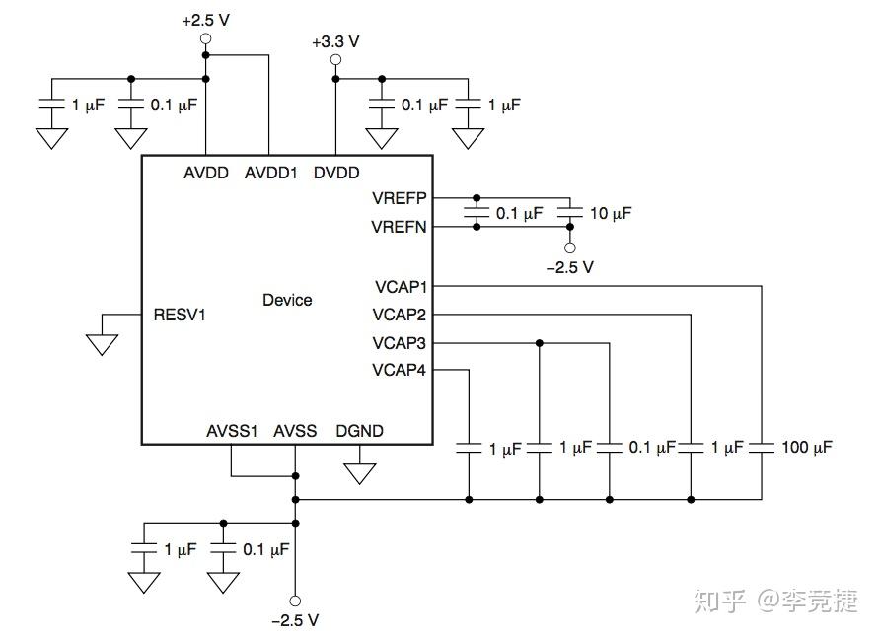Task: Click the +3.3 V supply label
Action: tap(335, 41)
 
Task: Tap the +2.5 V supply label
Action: tap(206, 20)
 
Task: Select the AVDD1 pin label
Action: tap(270, 173)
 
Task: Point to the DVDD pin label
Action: tap(337, 173)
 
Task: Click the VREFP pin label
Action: tap(400, 198)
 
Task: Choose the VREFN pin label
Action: tap(400, 227)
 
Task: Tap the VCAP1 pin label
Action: tap(401, 287)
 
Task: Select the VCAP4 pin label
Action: tap(401, 371)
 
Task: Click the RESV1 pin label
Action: tap(181, 316)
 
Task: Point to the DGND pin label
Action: tap(360, 431)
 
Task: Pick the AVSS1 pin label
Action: tap(232, 431)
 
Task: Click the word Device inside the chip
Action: tap(287, 300)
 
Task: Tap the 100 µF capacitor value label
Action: tap(806, 448)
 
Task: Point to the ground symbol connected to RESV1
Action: tap(102, 344)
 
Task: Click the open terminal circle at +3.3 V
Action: tap(335, 60)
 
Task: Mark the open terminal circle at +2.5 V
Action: tap(206, 39)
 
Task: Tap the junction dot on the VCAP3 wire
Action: tap(540, 343)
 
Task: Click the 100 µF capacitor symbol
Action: tap(762, 448)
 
